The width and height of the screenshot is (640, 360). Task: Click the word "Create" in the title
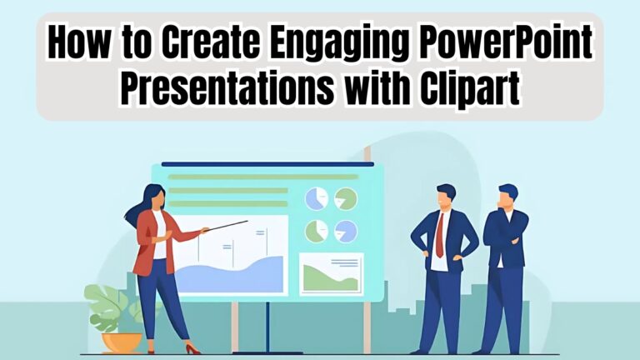tap(193, 44)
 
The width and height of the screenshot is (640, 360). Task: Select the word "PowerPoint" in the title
tap(511, 44)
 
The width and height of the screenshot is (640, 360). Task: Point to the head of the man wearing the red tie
tap(446, 199)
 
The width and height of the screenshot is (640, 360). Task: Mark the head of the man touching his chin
tap(507, 197)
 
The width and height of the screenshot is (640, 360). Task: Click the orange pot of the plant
tap(122, 342)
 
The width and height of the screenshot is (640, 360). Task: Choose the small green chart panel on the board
tap(331, 273)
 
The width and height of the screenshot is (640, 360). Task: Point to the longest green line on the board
tap(262, 177)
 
